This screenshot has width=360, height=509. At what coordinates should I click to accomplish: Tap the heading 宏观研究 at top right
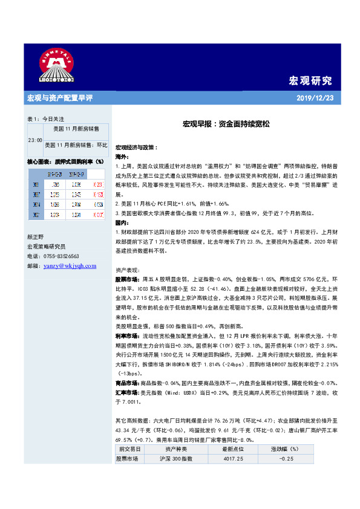310,80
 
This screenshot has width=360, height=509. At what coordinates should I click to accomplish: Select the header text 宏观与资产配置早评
59,98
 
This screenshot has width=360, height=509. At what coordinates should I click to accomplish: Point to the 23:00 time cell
35,140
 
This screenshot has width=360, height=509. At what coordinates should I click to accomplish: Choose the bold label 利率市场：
127,334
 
